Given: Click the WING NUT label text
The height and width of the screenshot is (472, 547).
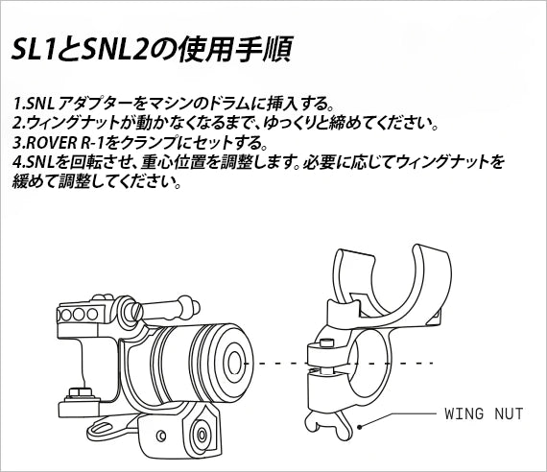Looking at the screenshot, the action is coord(484,414).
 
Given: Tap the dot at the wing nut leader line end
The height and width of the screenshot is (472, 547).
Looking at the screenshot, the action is coord(359,427).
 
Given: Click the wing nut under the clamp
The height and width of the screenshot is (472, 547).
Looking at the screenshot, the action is coord(328,424).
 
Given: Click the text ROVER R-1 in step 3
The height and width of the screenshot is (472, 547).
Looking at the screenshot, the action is coord(66,142).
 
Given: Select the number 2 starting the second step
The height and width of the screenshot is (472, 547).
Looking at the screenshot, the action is coord(17,123).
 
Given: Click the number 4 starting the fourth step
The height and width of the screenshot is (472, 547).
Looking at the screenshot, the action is coord(17,161).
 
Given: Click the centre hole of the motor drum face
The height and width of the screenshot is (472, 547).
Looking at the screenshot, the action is coord(235,363).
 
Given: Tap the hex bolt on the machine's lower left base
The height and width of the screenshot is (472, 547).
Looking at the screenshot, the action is coord(80,392).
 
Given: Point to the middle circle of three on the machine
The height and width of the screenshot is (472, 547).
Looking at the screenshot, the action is coord(79,315).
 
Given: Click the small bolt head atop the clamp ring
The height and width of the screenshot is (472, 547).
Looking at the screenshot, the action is coord(324,343).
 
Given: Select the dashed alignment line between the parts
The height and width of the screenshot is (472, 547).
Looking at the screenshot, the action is coord(339,364).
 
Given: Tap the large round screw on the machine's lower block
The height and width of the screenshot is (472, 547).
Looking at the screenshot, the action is coord(202,434).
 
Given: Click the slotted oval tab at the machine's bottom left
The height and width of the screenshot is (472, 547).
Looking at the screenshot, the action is coord(104,427).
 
